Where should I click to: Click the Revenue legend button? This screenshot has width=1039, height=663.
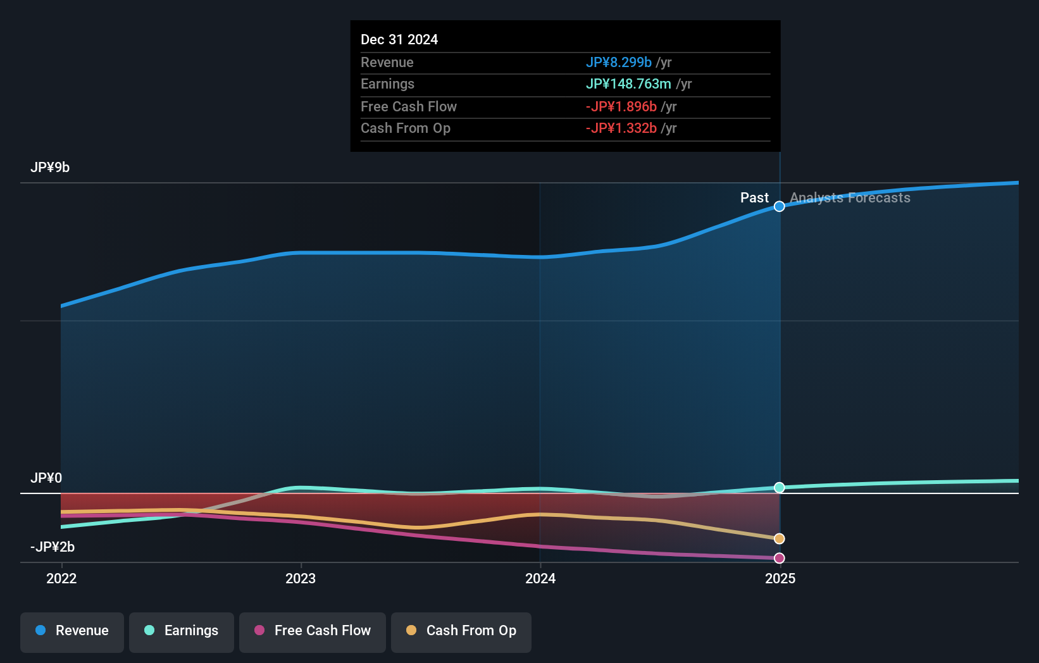[72, 631]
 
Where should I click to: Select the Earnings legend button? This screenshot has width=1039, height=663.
[182, 631]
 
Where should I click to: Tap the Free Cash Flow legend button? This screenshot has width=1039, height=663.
[313, 631]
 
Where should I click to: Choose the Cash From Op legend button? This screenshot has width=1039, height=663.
[461, 631]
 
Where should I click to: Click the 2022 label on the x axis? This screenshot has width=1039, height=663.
[61, 578]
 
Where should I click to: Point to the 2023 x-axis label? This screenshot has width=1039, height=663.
[301, 578]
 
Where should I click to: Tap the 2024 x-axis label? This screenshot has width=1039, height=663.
[540, 578]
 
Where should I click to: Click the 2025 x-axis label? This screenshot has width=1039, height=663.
[780, 578]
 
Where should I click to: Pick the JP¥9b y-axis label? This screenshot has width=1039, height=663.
[50, 168]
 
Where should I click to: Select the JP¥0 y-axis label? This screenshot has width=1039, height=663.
[46, 478]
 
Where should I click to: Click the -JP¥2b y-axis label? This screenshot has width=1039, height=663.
[53, 547]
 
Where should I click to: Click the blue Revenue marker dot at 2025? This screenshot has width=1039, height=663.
[780, 207]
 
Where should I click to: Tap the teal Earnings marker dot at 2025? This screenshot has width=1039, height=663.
[780, 488]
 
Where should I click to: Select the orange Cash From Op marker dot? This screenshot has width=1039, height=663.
[780, 539]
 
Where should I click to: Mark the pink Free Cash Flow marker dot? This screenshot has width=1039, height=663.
[780, 558]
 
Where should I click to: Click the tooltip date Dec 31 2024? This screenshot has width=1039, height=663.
[399, 40]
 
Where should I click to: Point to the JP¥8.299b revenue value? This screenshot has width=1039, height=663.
[618, 63]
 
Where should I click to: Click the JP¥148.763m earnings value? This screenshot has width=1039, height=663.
[628, 84]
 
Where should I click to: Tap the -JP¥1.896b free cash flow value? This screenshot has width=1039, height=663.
[621, 107]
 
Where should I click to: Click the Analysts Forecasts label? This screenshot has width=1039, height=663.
[850, 198]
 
